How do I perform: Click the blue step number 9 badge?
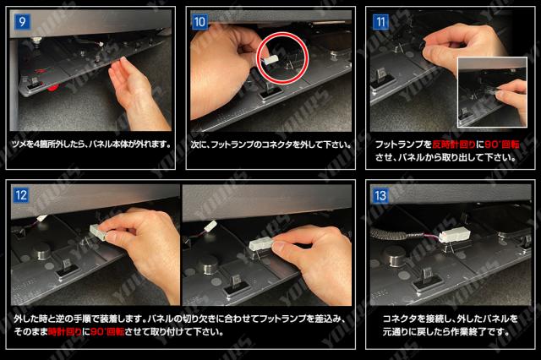click(22, 22)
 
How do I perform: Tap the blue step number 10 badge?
click(199, 22)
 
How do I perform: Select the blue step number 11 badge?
click(380, 22)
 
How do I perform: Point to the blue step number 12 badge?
click(20, 195)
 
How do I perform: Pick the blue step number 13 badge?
click(380, 195)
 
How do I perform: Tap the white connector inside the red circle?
click(270, 60)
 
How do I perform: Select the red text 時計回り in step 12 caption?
click(65, 332)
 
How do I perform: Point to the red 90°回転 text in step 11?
click(502, 145)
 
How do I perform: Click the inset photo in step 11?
click(492, 92)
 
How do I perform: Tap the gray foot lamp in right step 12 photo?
click(261, 245)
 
